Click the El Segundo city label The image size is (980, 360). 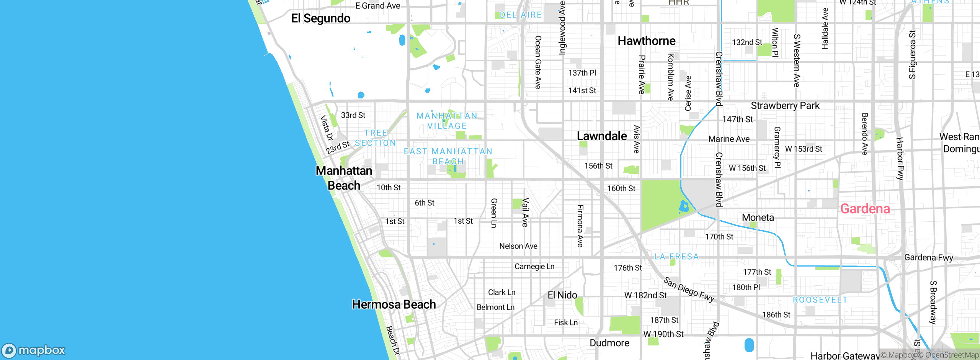(x=320, y=18)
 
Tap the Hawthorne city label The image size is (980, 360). (x=646, y=41)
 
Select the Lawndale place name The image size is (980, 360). (x=602, y=136)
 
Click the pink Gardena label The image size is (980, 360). (x=865, y=209)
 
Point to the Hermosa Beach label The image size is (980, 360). (x=394, y=304)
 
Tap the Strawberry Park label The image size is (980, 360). (x=785, y=106)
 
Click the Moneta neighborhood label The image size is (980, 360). (x=758, y=218)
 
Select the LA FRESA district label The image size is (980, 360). (x=676, y=257)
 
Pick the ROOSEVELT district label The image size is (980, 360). (x=820, y=300)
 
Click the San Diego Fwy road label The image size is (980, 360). (x=689, y=290)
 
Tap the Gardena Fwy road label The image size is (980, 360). (x=928, y=258)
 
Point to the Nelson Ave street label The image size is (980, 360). (x=518, y=246)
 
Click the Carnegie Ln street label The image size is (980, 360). (x=534, y=267)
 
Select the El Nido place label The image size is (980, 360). (x=562, y=295)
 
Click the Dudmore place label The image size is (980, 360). (x=609, y=343)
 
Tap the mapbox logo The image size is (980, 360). (x=34, y=350)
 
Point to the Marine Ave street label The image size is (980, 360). (x=728, y=139)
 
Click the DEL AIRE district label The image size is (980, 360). (x=521, y=15)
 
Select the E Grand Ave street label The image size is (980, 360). (x=377, y=6)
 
